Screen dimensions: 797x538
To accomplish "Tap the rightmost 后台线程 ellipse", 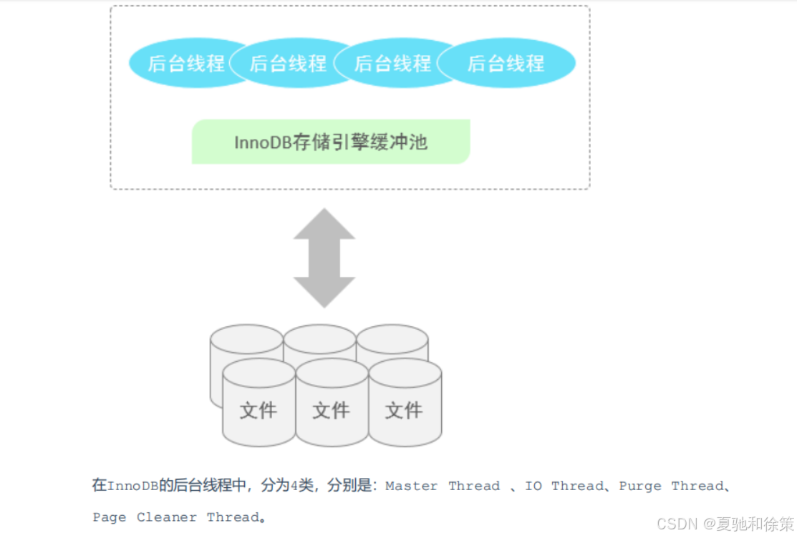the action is (507, 63).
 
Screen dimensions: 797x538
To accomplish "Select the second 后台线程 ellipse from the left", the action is (286, 63).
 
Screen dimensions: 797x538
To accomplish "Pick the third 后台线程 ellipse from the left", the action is (392, 63).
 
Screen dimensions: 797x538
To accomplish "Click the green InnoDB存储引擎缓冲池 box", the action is (330, 142).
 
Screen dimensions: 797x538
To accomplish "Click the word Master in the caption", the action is (411, 486).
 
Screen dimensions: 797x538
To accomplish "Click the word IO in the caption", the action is (533, 486).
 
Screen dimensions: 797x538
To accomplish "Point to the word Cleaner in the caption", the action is (167, 517).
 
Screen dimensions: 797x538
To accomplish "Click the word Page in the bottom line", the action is (110, 517).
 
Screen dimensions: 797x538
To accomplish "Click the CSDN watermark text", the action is (677, 524).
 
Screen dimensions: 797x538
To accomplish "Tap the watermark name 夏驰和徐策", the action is (755, 524).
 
